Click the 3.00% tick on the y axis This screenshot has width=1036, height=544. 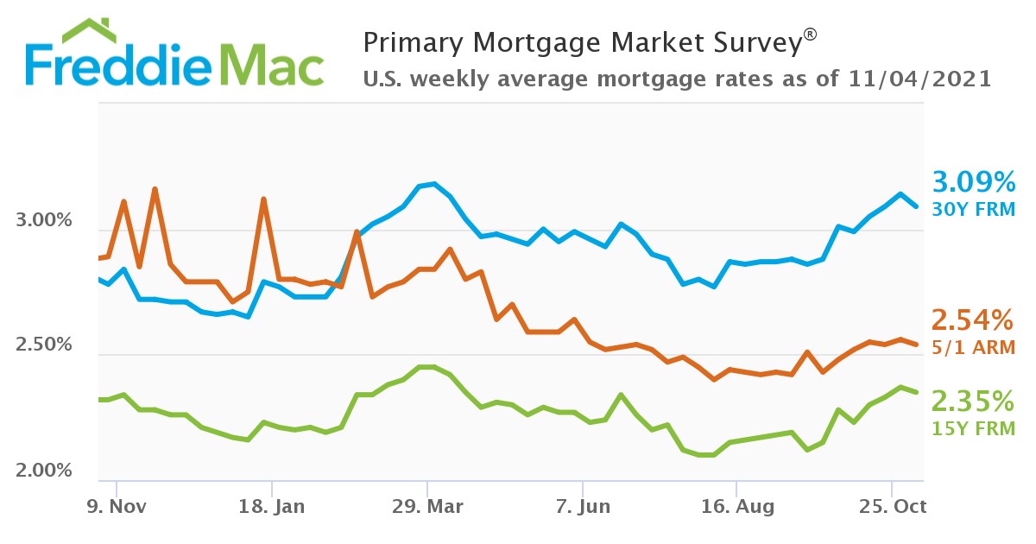pos(44,220)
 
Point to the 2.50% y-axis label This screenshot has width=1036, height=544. pos(44,345)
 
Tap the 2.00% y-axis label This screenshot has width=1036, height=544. pos(44,471)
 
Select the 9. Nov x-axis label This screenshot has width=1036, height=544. pos(115,505)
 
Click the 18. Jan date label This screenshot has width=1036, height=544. pos(270,505)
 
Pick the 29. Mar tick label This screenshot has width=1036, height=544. pos(426,505)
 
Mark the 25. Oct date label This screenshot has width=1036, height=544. pos(892,505)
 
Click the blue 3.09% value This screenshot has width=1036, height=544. pos(973,182)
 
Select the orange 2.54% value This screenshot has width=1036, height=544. pos(971,321)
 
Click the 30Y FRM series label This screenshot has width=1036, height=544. pos(973,210)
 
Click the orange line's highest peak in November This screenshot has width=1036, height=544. pos(155,189)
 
